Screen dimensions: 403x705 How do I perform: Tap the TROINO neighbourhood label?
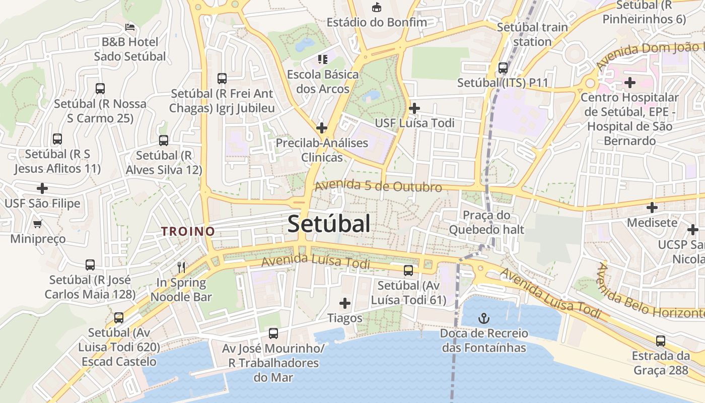(x=188, y=231)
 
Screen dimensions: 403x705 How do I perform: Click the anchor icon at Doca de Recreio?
(x=483, y=318)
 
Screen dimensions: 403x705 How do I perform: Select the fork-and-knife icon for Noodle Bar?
(x=181, y=267)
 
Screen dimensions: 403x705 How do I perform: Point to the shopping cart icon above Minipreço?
(x=37, y=224)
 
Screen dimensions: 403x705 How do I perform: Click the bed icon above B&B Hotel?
(x=130, y=27)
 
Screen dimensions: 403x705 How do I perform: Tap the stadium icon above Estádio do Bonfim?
(x=376, y=8)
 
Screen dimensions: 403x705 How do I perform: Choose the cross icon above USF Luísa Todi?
(x=414, y=108)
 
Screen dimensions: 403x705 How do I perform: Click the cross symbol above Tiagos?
(x=345, y=303)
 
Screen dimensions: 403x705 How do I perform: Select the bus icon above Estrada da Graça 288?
(x=661, y=341)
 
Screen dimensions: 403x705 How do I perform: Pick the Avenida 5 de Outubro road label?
(x=378, y=186)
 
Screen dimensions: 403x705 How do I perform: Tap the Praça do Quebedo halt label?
(x=486, y=222)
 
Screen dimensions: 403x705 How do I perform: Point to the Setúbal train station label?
(x=532, y=34)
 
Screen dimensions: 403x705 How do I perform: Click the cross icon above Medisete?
(x=652, y=207)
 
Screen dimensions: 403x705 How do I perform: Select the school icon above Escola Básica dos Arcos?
(x=323, y=59)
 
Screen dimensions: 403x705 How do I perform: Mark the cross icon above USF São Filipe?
(x=42, y=188)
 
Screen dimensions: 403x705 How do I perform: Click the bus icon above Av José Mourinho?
(x=273, y=333)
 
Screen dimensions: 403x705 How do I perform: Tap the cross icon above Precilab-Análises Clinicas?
(x=322, y=128)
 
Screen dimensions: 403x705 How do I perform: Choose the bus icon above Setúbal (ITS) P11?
(x=503, y=68)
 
